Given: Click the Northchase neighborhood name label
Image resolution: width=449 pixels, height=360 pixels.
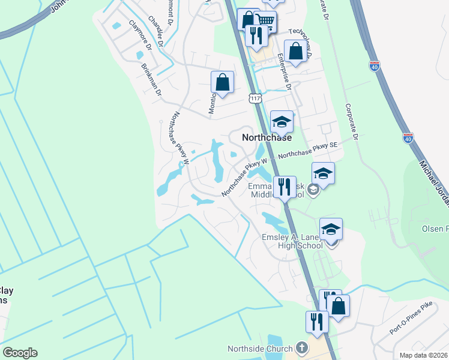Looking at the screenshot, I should (x=267, y=137).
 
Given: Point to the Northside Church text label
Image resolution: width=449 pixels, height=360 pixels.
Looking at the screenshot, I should (x=259, y=349).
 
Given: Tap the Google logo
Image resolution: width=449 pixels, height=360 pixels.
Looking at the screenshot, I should (x=20, y=353).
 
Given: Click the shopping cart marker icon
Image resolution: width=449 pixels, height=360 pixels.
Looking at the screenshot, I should (x=265, y=22).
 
